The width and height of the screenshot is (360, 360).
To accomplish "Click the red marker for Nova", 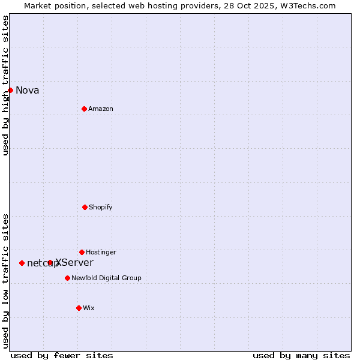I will tap(11, 90).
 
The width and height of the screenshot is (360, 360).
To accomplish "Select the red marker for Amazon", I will tap(84, 109).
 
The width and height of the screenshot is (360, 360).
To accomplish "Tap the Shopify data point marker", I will tap(85, 207).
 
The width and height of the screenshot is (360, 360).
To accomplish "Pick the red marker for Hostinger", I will tap(82, 252).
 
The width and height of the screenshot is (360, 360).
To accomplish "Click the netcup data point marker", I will tap(22, 263).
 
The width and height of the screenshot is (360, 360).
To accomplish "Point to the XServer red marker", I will tap(50, 263).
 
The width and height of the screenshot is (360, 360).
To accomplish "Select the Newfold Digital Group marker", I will tap(67, 278).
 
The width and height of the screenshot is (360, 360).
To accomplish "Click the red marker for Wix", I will tap(79, 308).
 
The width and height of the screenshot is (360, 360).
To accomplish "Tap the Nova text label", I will tap(28, 91).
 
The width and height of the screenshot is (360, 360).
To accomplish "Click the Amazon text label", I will tap(101, 109).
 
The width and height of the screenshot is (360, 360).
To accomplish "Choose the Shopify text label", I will tap(101, 208).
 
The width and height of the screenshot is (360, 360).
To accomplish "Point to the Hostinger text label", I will tap(101, 253).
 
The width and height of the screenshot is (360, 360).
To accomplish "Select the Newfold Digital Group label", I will tap(106, 278).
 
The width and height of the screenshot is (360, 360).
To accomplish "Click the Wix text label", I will tap(89, 308).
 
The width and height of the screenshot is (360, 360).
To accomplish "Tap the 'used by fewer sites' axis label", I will tap(62, 355).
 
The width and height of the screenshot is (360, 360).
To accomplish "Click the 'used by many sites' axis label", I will tap(301, 355).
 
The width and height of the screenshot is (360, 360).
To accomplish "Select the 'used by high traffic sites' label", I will tap(5, 85).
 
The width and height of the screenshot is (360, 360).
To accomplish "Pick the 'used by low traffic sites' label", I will tap(5, 281).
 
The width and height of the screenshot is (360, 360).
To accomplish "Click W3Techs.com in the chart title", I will tap(308, 5).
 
